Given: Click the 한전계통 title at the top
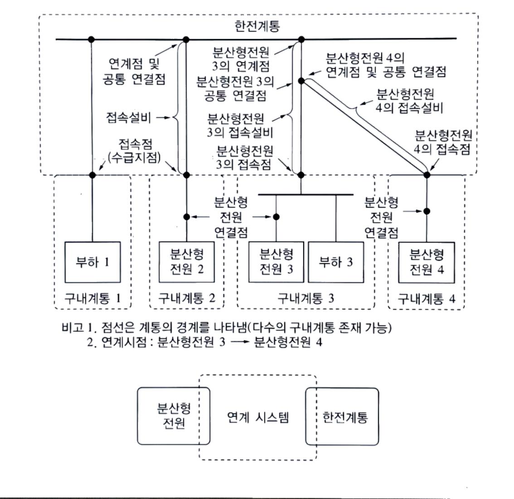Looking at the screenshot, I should [257, 25].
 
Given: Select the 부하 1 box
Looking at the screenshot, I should [92, 262].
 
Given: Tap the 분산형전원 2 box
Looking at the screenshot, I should [187, 262].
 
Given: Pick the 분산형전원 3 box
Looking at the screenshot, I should [276, 262].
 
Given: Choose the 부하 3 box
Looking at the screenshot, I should [336, 262].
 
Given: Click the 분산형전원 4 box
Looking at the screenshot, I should [427, 262].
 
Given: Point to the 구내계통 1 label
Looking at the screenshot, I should [92, 298].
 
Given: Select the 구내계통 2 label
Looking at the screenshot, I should [187, 298].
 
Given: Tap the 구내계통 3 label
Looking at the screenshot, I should [306, 298].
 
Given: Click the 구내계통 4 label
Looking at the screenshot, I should [427, 298].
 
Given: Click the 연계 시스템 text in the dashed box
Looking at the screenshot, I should [257, 417].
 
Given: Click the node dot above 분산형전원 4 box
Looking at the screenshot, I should [426, 211].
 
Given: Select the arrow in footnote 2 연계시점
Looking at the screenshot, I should [240, 342].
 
